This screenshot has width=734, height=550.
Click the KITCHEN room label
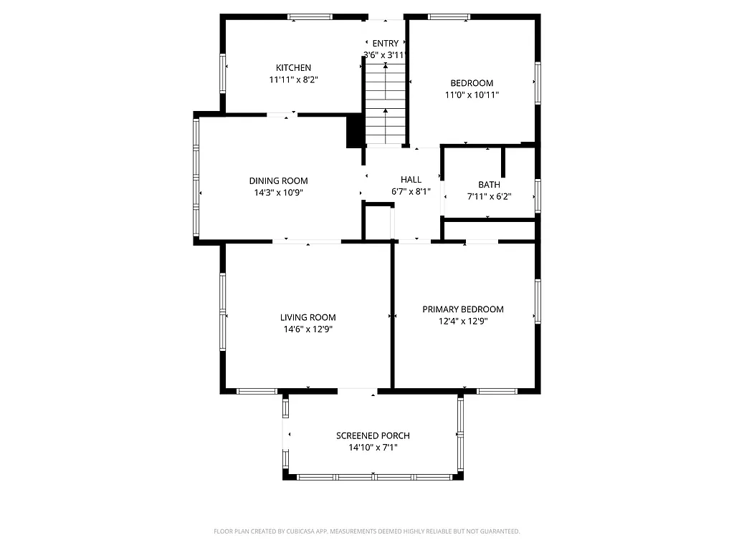293,68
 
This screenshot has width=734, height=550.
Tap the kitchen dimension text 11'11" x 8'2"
293,80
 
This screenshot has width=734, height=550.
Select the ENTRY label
385,44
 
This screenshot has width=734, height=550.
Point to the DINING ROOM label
278,180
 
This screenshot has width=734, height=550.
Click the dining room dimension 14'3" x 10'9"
278,193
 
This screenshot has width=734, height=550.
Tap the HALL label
411,180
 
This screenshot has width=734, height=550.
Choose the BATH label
489,185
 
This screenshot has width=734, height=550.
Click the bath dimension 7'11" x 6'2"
489,197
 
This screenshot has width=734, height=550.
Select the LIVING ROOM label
308,317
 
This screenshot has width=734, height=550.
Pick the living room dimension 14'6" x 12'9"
308,329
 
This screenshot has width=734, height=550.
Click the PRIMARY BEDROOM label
462,309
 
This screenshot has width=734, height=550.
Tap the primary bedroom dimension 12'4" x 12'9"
462,322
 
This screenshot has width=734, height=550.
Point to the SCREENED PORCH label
373,435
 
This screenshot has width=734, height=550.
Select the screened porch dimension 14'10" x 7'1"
373,448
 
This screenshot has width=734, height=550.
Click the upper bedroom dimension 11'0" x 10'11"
472,95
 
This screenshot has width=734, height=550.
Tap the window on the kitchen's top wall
310,16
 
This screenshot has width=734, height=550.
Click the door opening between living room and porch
357,391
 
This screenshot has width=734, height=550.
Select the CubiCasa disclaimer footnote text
366,531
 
